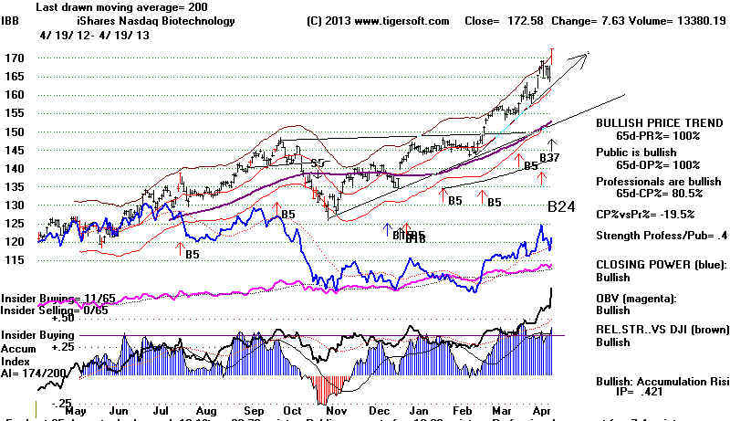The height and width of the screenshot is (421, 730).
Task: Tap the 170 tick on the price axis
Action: [x=13, y=58]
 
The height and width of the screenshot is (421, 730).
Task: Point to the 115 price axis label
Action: [x=13, y=260]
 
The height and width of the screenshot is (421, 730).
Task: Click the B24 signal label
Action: [x=560, y=207]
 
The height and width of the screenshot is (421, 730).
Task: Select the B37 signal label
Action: [x=549, y=159]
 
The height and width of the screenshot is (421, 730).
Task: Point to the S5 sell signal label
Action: [x=318, y=163]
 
